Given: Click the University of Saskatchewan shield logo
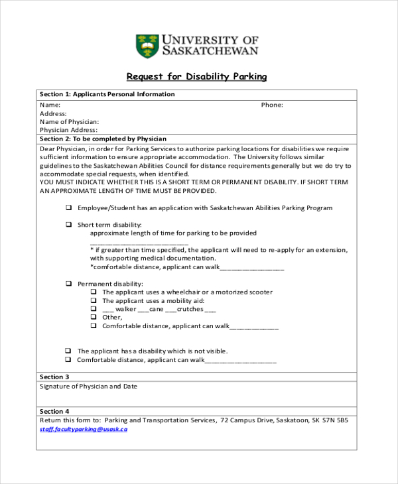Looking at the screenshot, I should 147,45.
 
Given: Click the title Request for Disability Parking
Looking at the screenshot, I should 197,76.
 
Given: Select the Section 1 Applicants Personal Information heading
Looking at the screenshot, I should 107,94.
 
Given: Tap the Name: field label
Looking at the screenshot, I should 50,105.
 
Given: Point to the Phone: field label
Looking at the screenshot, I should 272,105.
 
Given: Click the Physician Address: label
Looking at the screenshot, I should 68,130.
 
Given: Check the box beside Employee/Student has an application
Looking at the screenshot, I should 68,208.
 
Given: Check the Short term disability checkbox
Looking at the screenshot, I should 68,225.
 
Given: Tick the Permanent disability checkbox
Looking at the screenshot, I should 68,283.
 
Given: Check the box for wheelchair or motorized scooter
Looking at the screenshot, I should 94,292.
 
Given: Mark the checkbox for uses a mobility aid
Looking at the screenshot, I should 94,300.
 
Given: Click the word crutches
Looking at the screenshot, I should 190,309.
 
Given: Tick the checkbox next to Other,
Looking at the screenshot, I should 94,318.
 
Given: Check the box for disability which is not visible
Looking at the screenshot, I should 68,351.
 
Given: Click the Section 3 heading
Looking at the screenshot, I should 54,377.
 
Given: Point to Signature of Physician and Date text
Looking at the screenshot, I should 88,386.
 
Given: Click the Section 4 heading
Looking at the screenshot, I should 54,411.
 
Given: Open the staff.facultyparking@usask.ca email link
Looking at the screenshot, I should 84,429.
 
